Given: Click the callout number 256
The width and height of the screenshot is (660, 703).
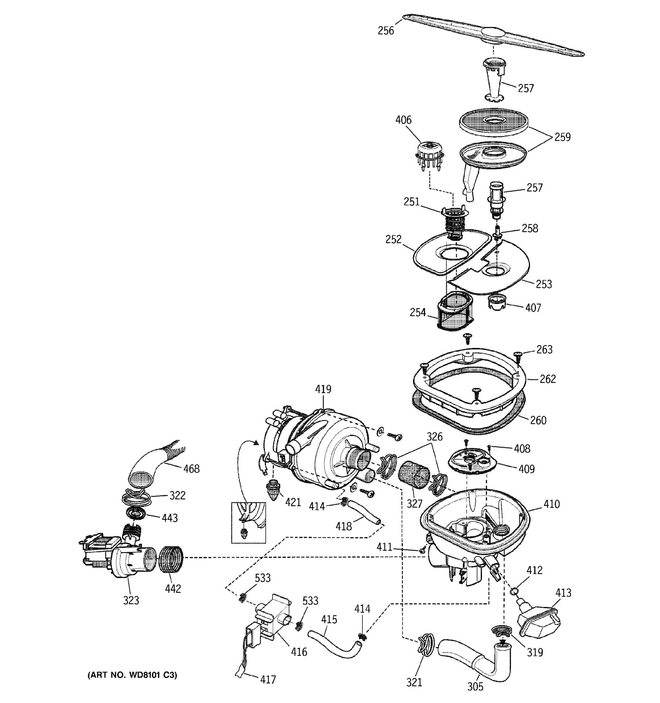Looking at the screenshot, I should pos(386,31).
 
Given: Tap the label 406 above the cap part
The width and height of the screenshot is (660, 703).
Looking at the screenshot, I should pos(403,120).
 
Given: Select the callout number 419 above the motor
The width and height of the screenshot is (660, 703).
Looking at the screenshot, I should pos(323,389).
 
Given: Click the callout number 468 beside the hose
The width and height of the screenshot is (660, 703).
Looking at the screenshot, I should pos(191,469).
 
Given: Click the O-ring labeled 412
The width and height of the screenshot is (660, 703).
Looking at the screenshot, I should pos(514,591).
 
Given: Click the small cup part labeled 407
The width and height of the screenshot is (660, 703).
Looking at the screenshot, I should pos(497,303).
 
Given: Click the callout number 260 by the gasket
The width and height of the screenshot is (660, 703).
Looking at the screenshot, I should pos(538,420).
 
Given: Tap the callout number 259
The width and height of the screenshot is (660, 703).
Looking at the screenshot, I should pos(562,137).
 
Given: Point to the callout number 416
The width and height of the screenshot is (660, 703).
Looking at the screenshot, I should pos(299,652).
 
